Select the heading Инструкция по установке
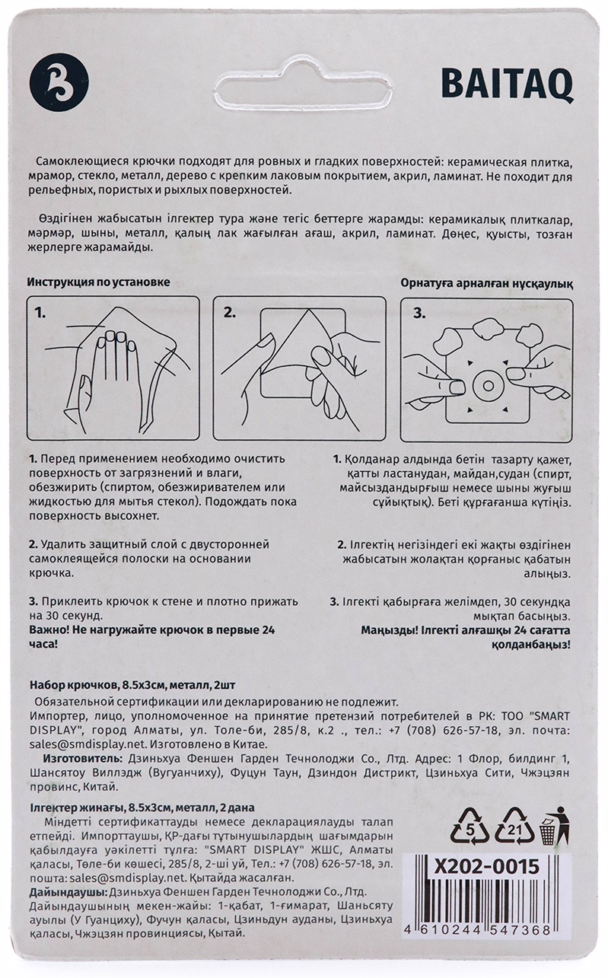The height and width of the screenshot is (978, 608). point(99,282)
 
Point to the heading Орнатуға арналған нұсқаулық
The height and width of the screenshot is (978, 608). point(487,284)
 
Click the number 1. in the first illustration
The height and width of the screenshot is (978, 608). point(40,313)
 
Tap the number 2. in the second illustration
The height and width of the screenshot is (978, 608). point(230,313)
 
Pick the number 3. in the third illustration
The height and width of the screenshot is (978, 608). point(419,313)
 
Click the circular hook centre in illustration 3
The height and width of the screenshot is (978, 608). point(487,384)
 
